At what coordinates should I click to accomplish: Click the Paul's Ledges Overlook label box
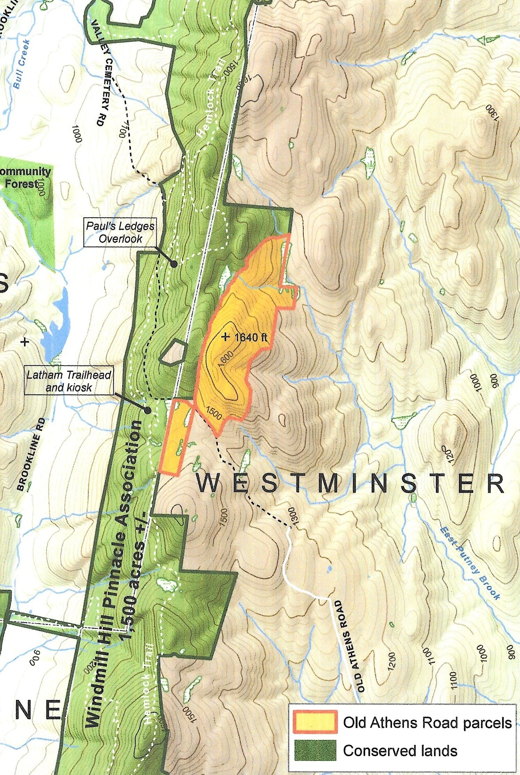120,233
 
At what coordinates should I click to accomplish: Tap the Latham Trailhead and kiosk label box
69,381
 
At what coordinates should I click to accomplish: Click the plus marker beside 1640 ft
226,337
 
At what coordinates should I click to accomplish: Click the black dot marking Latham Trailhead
148,411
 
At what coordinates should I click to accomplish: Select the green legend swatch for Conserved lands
315,750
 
